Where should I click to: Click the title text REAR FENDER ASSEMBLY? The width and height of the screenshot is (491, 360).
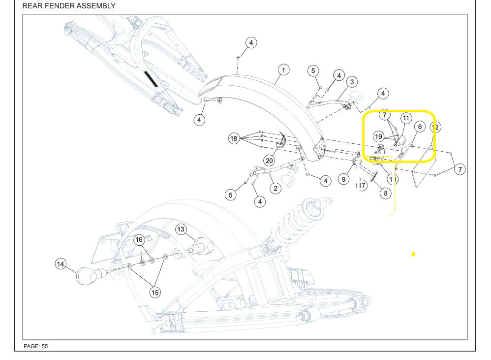pyautogui.click(x=69, y=6)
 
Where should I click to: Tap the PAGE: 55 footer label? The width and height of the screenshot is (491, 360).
pyautogui.click(x=36, y=346)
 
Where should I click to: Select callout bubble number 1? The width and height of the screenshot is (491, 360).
pyautogui.click(x=283, y=69)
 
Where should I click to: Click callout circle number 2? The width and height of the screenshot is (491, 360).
pyautogui.click(x=275, y=188)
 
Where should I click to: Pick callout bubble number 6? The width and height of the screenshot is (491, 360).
pyautogui.click(x=419, y=127)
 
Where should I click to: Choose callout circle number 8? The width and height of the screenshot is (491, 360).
pyautogui.click(x=386, y=194)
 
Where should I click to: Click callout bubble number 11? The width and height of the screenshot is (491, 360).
pyautogui.click(x=405, y=118)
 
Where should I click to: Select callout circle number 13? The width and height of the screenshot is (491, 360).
pyautogui.click(x=181, y=229)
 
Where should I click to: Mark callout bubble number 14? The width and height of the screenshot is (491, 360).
pyautogui.click(x=60, y=264)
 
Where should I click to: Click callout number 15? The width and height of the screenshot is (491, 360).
pyautogui.click(x=155, y=293)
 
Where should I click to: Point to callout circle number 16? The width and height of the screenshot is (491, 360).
pyautogui.click(x=140, y=240)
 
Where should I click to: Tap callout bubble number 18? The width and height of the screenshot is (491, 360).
pyautogui.click(x=234, y=139)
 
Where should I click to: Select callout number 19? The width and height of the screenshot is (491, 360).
pyautogui.click(x=378, y=136)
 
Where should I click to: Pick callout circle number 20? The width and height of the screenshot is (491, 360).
pyautogui.click(x=269, y=161)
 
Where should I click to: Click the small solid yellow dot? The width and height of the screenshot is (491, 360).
pyautogui.click(x=413, y=254)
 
